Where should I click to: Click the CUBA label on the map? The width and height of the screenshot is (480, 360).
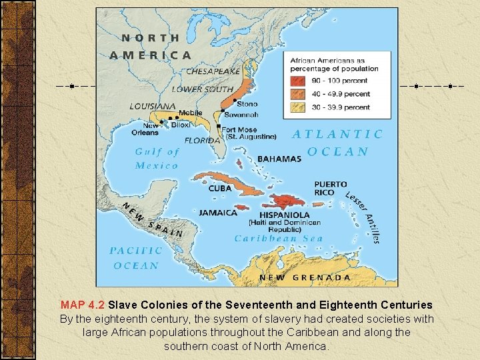[x=219, y=189]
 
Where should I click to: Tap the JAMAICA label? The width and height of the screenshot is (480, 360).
[x=218, y=213]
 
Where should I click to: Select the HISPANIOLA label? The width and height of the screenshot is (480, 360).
[x=284, y=215]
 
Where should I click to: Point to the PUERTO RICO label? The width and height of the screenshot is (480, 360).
[x=331, y=188]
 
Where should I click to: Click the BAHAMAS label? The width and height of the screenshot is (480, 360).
[x=279, y=159]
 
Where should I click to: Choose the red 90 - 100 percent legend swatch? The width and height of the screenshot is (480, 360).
[x=297, y=81]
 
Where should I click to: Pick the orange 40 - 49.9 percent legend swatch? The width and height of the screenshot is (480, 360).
[x=297, y=94]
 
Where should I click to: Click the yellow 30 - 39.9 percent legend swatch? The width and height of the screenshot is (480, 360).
[x=297, y=107]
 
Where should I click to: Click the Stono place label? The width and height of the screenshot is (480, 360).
[x=247, y=104]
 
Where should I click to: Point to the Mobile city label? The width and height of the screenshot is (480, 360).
[x=190, y=113]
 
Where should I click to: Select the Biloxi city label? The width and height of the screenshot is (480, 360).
[x=180, y=125]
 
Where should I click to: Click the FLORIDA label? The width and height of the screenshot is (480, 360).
[x=202, y=141]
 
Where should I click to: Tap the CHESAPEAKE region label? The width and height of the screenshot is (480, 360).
[x=213, y=71]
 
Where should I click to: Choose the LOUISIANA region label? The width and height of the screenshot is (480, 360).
[x=153, y=106]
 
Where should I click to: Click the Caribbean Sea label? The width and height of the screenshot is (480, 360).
[x=278, y=239]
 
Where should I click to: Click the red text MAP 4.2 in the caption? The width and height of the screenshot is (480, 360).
[x=83, y=305]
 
